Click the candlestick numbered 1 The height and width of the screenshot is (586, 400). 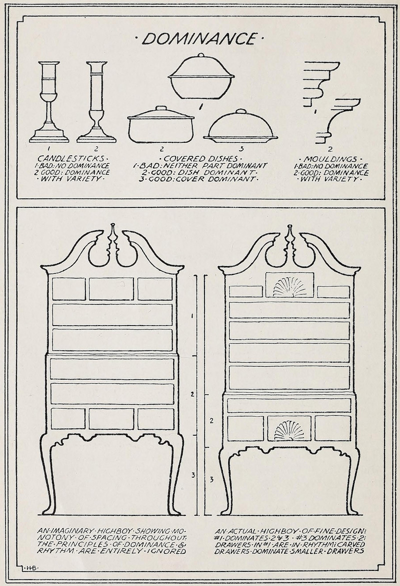tap(48, 103)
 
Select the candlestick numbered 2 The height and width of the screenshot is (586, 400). tap(96, 103)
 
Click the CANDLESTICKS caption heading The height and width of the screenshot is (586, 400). tap(70, 158)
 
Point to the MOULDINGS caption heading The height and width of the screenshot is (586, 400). tap(330, 159)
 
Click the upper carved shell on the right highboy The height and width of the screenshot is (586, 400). tap(289, 286)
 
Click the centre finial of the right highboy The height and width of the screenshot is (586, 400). tap(289, 240)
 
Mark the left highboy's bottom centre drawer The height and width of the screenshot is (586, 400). tap(111, 419)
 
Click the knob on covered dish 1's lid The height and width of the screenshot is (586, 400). tap(201, 56)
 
